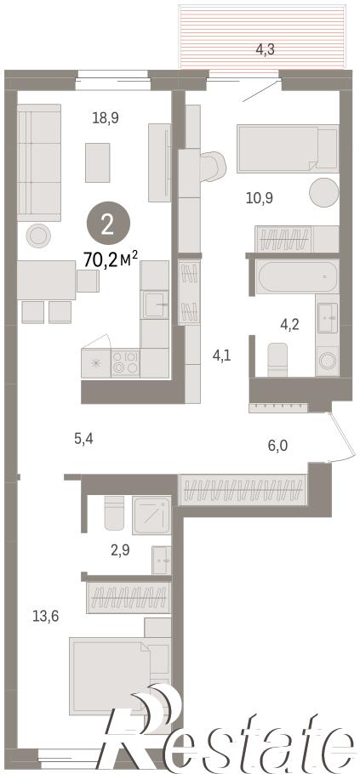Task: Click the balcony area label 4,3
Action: [x=266, y=49]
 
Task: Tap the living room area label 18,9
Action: [x=106, y=118]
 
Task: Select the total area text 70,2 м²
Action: [x=110, y=259]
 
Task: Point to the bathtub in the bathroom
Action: [x=297, y=276]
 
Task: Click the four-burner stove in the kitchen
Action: [x=125, y=363]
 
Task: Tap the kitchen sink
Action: [x=155, y=305]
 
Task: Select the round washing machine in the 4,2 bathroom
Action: [x=327, y=361]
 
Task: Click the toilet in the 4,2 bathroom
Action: [x=277, y=359]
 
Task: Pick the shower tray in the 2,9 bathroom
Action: [x=151, y=515]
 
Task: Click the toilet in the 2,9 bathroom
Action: [x=114, y=513]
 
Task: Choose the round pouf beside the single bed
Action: [x=324, y=192]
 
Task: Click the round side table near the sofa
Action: [x=38, y=236]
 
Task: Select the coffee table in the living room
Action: [x=97, y=162]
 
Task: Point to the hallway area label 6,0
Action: [x=277, y=446]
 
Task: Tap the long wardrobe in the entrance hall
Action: [x=242, y=490]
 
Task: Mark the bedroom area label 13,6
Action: [x=45, y=616]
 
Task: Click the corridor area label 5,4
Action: [x=83, y=438]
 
